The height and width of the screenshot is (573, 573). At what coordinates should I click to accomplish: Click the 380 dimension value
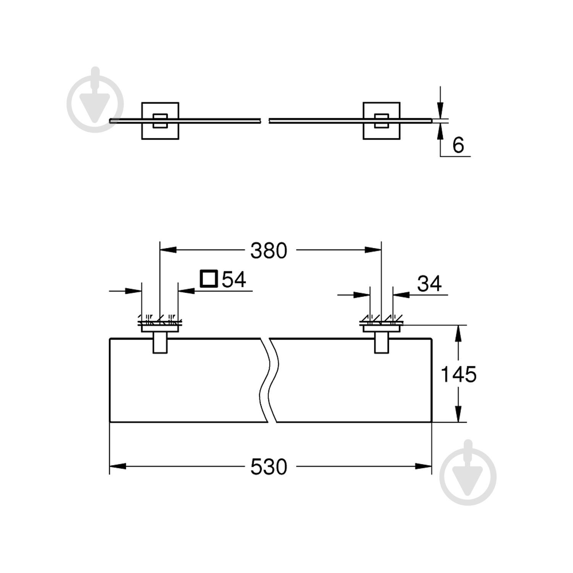tap(269, 251)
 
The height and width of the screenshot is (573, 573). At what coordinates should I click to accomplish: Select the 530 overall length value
tap(269, 467)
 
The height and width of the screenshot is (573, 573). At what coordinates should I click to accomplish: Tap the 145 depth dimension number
tap(458, 374)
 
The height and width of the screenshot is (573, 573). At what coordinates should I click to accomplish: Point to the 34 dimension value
tap(429, 284)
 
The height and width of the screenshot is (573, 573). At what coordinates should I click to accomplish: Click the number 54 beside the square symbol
tap(234, 279)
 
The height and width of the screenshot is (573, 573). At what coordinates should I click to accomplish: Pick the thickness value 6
tap(458, 145)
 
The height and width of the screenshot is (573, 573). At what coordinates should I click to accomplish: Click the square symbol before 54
tap(209, 279)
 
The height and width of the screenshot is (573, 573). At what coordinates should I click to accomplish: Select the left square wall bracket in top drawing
tap(160, 121)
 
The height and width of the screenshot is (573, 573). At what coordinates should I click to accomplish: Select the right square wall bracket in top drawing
tap(381, 121)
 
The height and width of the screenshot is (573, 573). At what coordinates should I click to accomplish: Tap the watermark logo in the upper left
tap(95, 100)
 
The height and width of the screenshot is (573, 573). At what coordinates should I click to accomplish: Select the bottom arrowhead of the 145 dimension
tap(458, 414)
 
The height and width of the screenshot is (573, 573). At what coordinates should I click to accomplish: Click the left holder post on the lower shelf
tap(160, 343)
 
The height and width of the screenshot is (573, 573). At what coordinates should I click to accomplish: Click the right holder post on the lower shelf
tap(381, 343)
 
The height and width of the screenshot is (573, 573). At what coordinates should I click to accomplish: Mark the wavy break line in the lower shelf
tap(269, 380)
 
